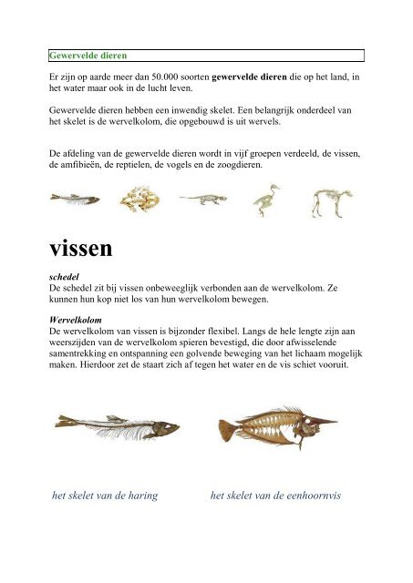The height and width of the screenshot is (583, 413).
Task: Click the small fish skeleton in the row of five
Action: click(68, 198)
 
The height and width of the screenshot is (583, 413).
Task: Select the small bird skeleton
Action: click(267, 199)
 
